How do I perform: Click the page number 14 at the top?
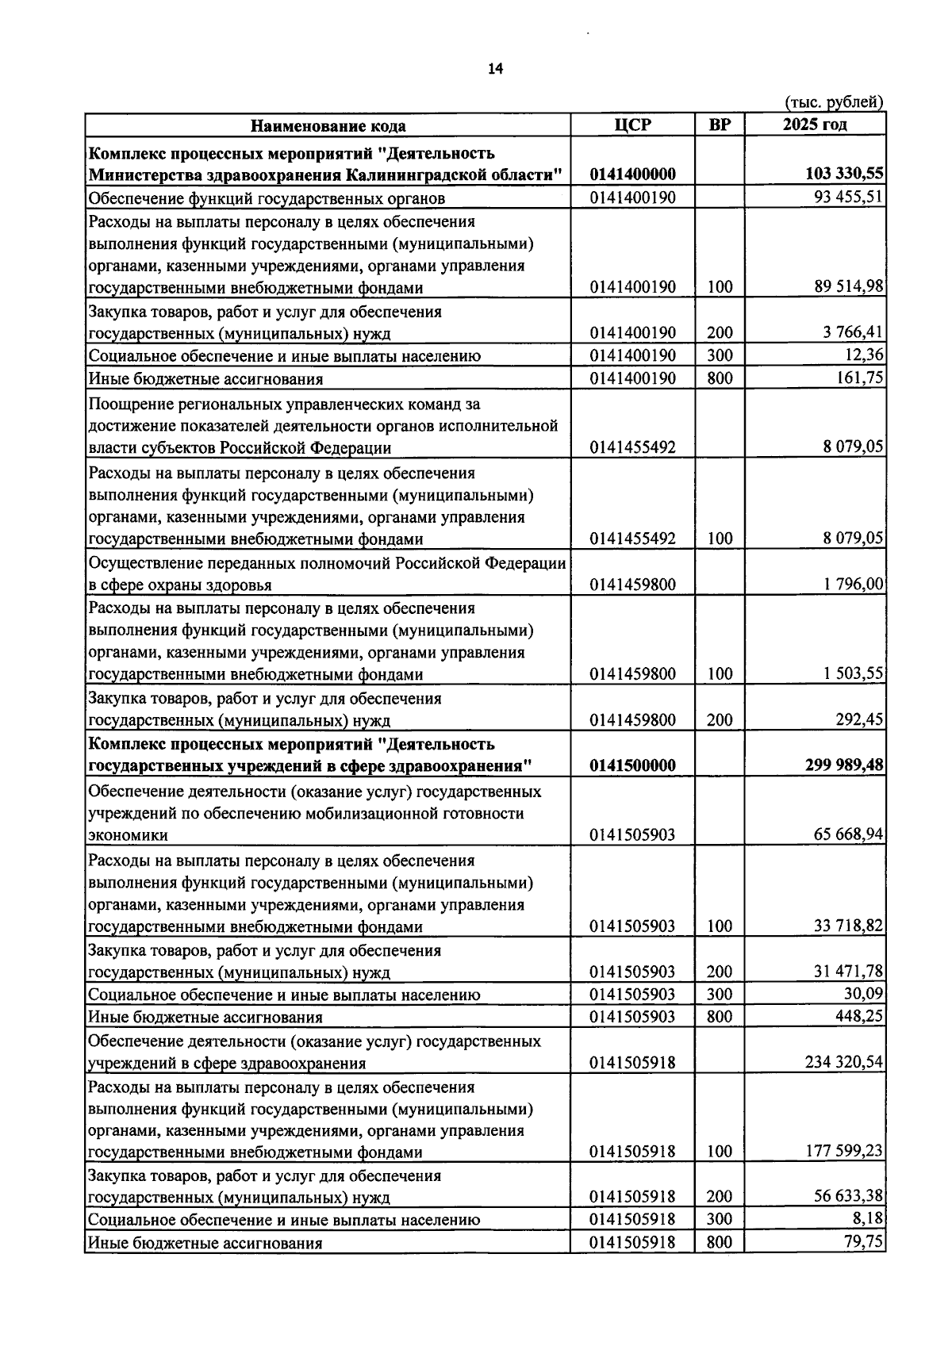(x=495, y=69)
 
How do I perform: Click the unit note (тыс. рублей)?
(x=834, y=102)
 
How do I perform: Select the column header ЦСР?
(x=632, y=125)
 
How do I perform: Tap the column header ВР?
(x=719, y=125)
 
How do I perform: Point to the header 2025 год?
(x=814, y=125)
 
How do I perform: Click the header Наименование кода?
(x=328, y=126)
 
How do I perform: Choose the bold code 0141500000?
(x=632, y=765)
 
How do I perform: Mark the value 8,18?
(x=869, y=1219)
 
